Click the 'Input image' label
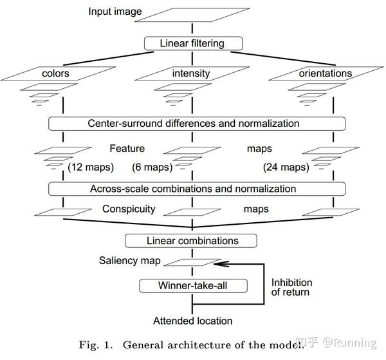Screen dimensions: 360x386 115,12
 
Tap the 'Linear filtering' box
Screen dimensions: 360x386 193,43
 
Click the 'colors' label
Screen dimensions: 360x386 55,73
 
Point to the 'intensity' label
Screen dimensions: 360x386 191,73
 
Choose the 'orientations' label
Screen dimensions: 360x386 325,73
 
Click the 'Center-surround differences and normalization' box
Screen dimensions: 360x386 193,123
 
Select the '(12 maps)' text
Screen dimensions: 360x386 91,167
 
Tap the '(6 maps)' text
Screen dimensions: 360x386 152,167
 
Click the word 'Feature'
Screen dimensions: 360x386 127,148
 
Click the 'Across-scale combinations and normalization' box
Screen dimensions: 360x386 193,189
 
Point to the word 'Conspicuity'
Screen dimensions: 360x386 129,209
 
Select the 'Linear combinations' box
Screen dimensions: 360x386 193,241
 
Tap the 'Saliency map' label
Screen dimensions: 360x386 127,261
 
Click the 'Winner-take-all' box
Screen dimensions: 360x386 193,285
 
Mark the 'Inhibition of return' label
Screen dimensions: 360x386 291,287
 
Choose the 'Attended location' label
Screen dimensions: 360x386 192,320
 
